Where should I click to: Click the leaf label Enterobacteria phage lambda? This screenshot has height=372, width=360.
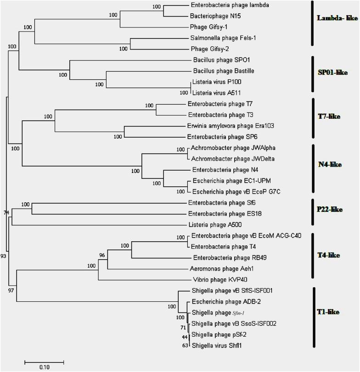point(223,6)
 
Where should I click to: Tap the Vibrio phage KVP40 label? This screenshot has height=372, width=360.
point(212,279)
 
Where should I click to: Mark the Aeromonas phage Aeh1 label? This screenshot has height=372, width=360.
point(218,268)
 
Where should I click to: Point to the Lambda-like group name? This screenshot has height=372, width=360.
point(333,18)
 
